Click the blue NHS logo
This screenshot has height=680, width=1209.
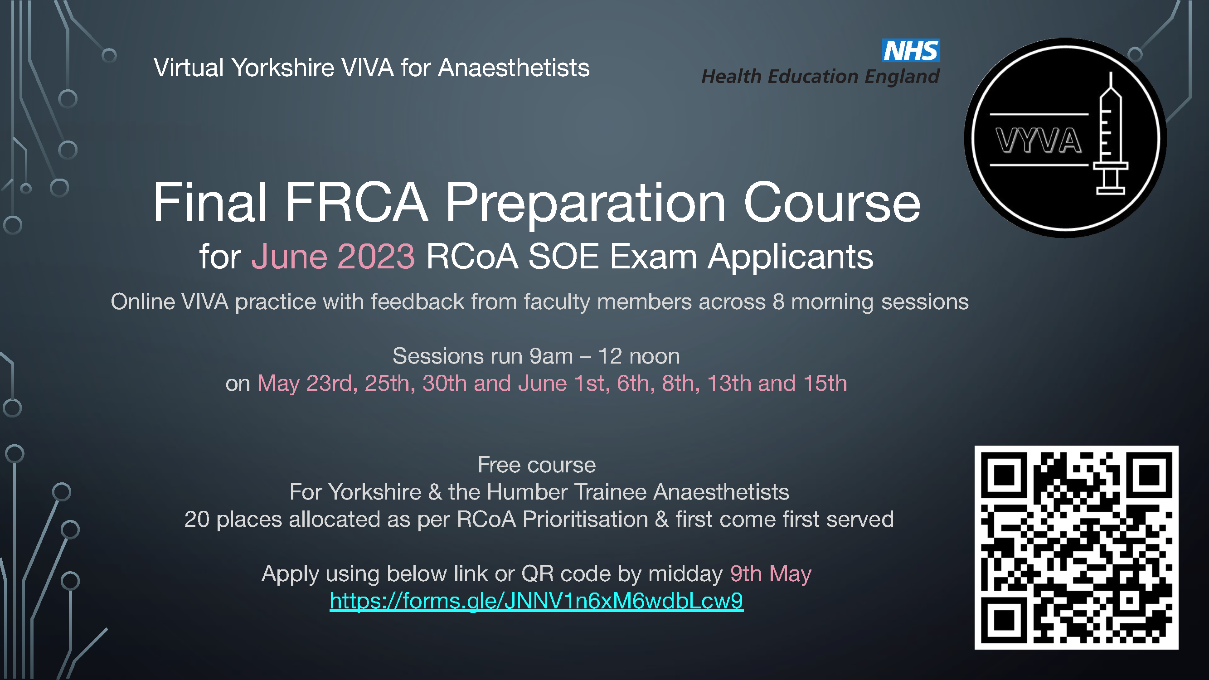(x=911, y=50)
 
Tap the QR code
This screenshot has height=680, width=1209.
(x=1076, y=547)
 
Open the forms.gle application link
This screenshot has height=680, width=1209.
(x=536, y=601)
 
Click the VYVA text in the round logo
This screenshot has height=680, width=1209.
(x=1038, y=141)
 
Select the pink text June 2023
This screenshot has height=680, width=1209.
(x=333, y=257)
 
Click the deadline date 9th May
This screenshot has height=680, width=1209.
(x=771, y=574)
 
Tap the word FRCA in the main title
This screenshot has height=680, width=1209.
(x=357, y=202)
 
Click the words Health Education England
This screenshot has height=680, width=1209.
(x=821, y=77)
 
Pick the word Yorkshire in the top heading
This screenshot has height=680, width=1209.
(x=283, y=68)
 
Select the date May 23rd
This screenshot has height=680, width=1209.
(x=305, y=384)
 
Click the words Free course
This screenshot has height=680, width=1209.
(x=536, y=465)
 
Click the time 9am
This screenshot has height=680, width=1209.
(x=551, y=356)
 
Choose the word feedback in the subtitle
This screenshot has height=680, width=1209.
(x=418, y=302)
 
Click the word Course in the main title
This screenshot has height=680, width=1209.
(x=832, y=203)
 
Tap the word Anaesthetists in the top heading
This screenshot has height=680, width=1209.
(x=514, y=68)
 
